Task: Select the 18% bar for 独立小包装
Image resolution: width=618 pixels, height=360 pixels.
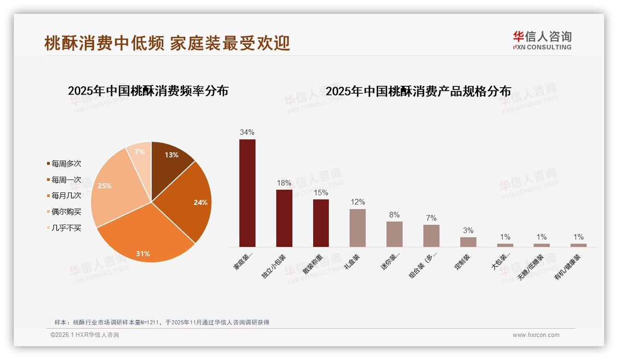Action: pyautogui.click(x=284, y=218)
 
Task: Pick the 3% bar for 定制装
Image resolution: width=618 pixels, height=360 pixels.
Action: pyautogui.click(x=468, y=242)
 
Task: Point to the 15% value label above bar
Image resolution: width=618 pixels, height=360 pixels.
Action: pyautogui.click(x=321, y=192)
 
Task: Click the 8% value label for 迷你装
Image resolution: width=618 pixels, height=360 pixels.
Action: pyautogui.click(x=394, y=215)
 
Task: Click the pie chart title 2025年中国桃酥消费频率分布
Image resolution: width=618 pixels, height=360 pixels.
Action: pyautogui.click(x=148, y=90)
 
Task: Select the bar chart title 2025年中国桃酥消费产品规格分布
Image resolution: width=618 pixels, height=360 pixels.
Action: pyautogui.click(x=418, y=91)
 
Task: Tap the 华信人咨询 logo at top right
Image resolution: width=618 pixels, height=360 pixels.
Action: pyautogui.click(x=542, y=40)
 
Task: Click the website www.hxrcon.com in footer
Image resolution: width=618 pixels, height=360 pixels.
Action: pyautogui.click(x=536, y=335)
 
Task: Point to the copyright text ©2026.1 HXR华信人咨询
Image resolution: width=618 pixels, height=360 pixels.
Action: pyautogui.click(x=85, y=335)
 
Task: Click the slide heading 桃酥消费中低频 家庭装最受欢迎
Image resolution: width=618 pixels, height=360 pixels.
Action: pyautogui.click(x=167, y=43)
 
